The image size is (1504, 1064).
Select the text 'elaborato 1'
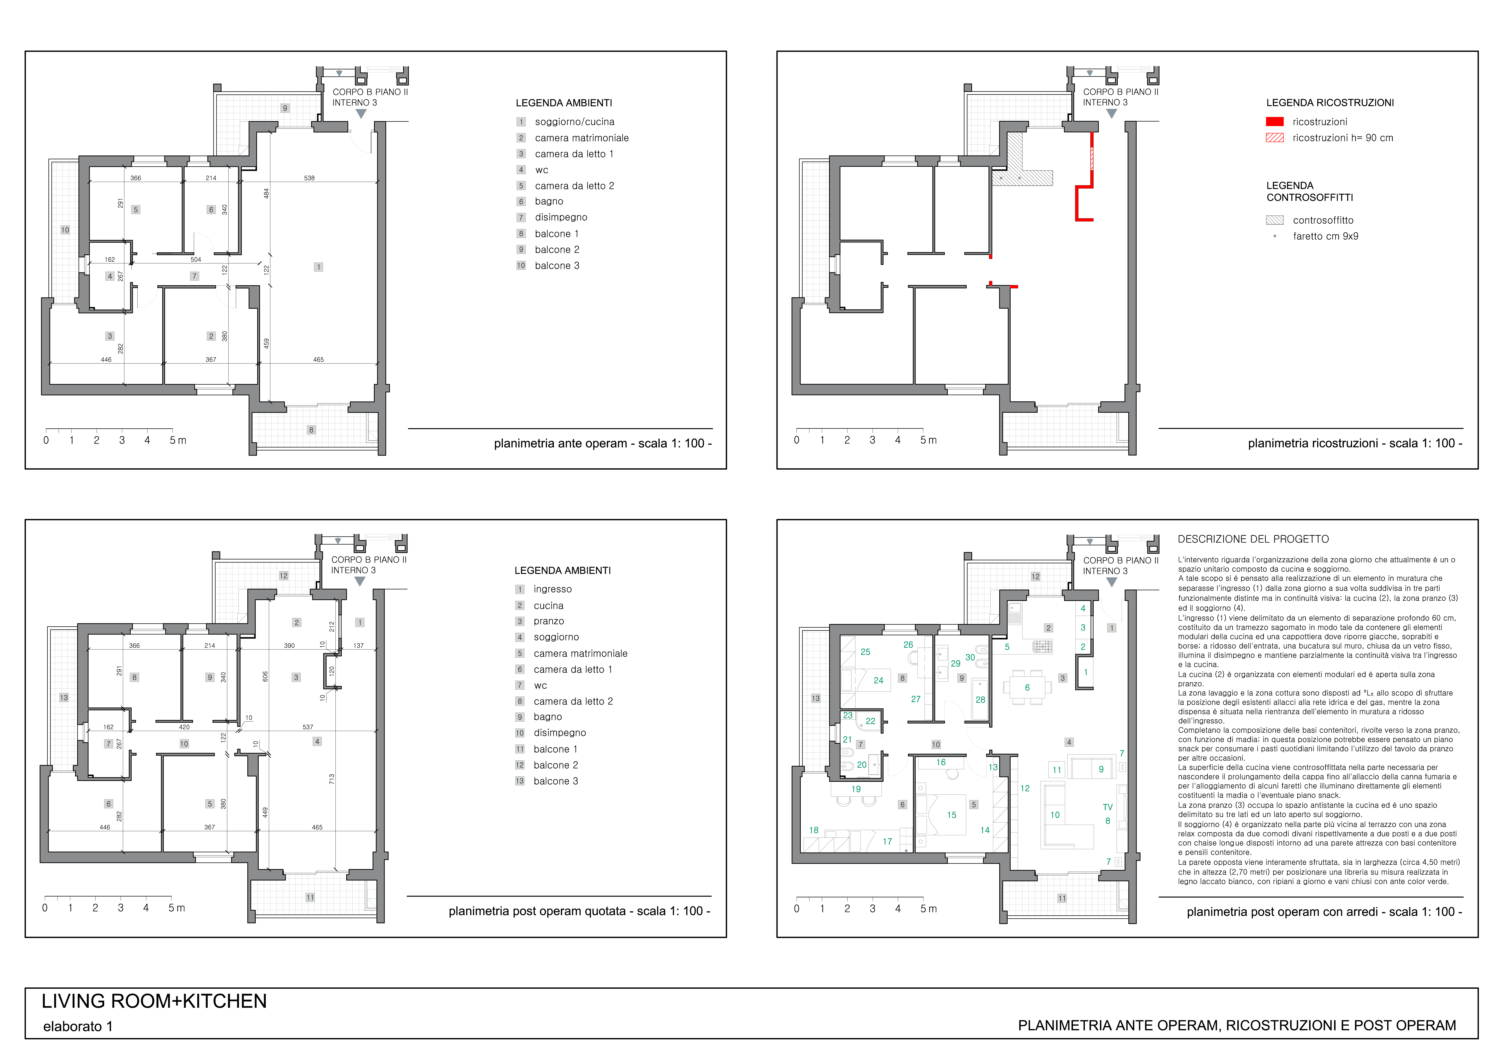[78, 1027]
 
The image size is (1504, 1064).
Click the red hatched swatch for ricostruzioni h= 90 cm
[1275, 138]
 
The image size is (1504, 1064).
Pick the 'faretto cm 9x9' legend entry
[1325, 237]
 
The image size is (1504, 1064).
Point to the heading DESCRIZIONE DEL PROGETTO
[1253, 539]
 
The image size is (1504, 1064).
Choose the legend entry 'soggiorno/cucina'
[574, 122]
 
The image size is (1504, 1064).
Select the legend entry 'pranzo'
[549, 621]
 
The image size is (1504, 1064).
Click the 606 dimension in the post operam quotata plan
[265, 676]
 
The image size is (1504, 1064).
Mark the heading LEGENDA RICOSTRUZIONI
[1330, 103]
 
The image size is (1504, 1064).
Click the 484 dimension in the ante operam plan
[267, 194]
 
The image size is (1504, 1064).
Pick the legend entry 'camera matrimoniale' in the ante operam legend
[582, 138]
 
